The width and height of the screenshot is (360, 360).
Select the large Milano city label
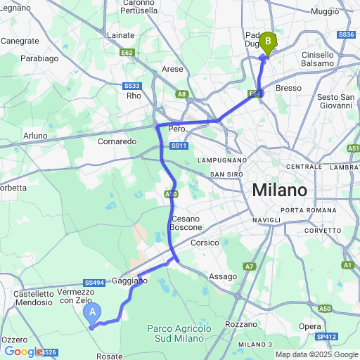point(280,191)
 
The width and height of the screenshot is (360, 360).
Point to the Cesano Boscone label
point(186,222)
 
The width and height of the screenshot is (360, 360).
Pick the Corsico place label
point(205,242)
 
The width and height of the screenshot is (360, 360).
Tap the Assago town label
point(223,276)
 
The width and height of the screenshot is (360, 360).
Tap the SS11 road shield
point(179,146)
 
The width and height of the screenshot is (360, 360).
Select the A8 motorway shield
point(182,94)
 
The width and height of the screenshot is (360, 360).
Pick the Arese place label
point(172,69)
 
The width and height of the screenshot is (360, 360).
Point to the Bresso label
point(288,87)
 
